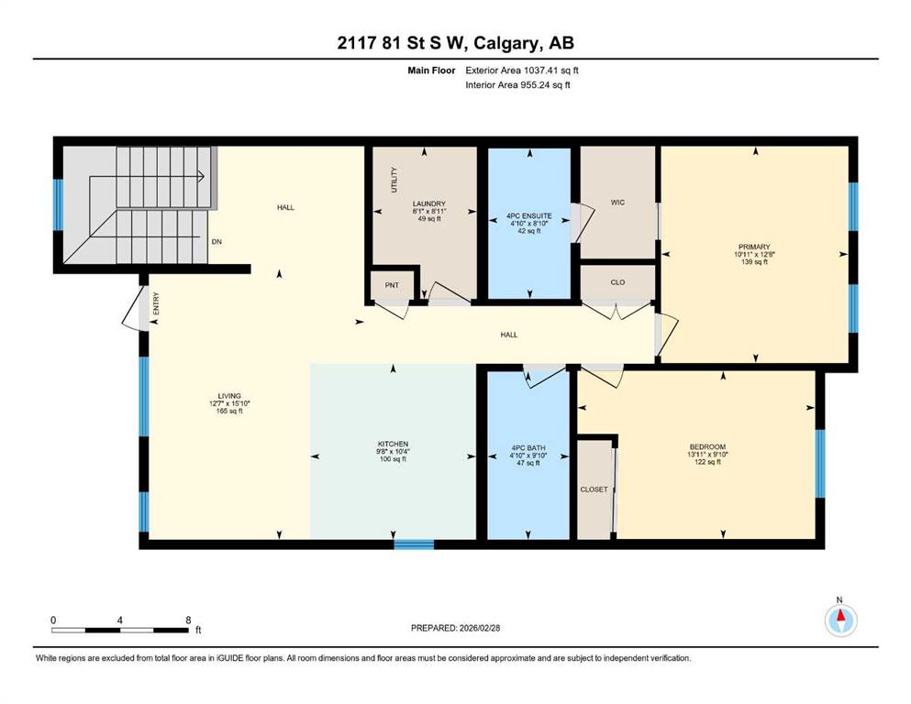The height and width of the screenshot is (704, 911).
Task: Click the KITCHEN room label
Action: [392, 444]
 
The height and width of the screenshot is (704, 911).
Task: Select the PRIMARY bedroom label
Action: [753, 247]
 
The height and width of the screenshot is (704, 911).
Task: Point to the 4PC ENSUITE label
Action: [528, 215]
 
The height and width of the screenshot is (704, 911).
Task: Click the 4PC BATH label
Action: [528, 448]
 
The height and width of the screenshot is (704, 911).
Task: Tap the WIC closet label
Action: [617, 203]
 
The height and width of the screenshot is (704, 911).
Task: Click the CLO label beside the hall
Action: [617, 282]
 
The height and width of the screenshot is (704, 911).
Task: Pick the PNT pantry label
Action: [392, 286]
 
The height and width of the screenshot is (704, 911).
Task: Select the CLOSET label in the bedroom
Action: [594, 489]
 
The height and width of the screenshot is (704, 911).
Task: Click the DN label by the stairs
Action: [217, 242]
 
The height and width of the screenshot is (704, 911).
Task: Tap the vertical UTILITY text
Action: [394, 180]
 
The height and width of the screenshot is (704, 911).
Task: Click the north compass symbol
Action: [839, 621]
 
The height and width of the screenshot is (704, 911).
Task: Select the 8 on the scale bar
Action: [188, 620]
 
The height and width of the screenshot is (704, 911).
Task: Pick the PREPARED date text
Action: [456, 628]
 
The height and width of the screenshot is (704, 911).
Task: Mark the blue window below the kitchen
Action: [414, 544]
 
